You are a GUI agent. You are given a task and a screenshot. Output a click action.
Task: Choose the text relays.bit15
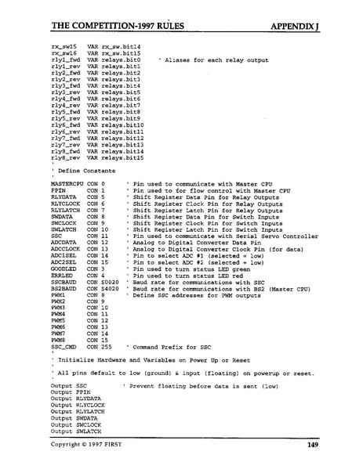[124, 158]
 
